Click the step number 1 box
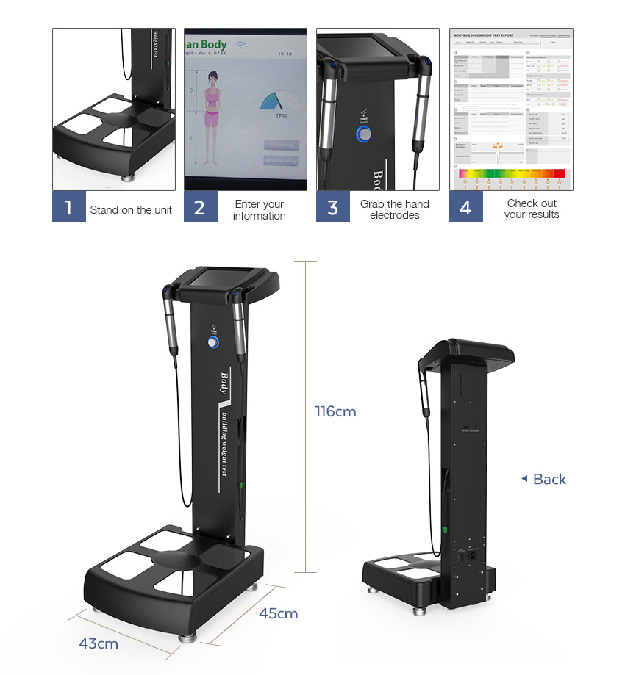coord(68,207)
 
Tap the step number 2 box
coord(200,207)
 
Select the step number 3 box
coord(333,207)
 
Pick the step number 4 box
coord(465,207)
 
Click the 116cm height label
coord(335,411)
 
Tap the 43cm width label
coord(99,643)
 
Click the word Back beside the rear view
coord(549,480)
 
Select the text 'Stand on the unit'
coord(131,210)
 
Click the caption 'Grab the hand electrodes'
coord(395,209)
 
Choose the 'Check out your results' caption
coord(532,209)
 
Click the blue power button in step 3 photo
coord(365,134)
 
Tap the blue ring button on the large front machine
coord(213,343)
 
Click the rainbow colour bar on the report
coord(511,174)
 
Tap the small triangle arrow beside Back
coord(524,479)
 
